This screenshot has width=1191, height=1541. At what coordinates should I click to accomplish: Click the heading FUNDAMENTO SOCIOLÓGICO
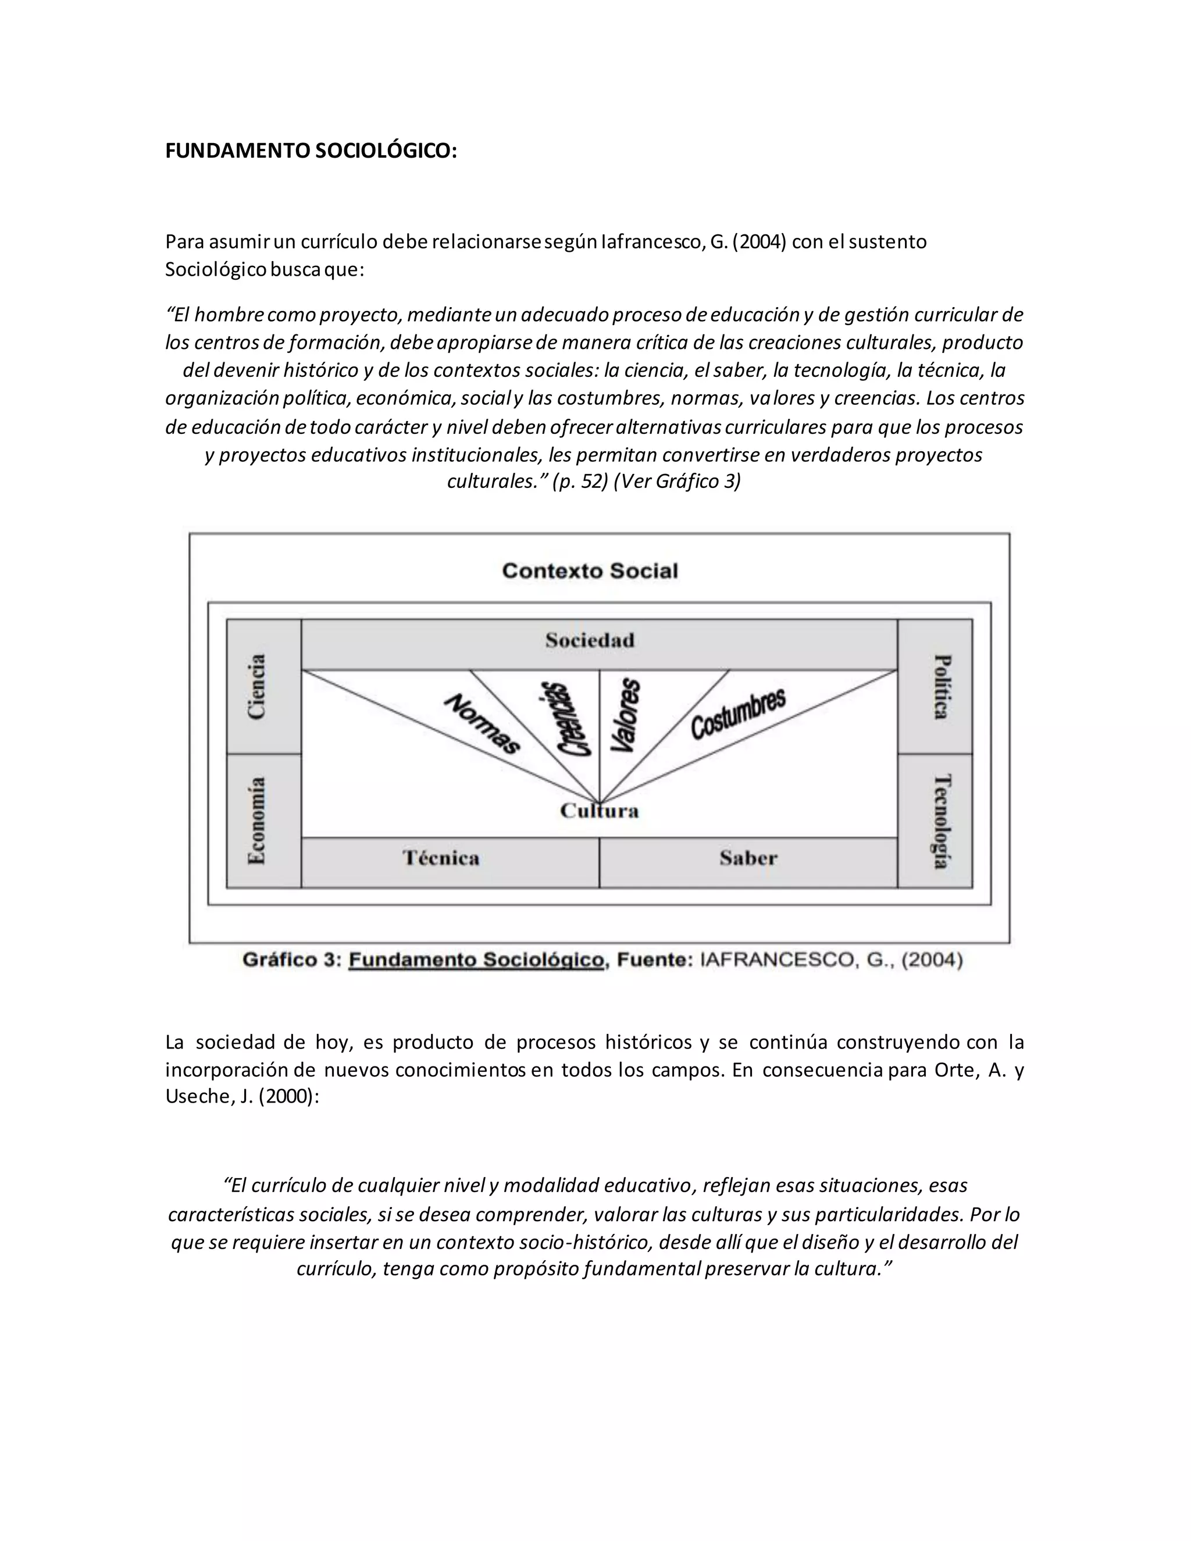pos(311,151)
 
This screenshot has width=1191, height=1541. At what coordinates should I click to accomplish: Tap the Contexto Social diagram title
pos(590,571)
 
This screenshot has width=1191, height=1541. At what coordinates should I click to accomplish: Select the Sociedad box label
pos(590,641)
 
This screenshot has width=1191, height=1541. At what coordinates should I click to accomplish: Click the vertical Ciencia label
pos(258,687)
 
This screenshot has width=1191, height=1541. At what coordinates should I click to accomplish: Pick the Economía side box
pos(258,821)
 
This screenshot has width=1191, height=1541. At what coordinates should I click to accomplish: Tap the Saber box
pos(748,859)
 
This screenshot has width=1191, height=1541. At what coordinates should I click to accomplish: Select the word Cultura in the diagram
pos(600,811)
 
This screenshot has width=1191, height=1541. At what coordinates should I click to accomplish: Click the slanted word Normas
pos(483,724)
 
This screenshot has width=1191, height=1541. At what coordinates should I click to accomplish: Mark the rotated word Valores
pos(625,715)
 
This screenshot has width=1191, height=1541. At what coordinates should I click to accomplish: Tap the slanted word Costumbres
pos(738,714)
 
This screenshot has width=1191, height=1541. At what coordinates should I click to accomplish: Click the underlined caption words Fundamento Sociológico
pos(476,960)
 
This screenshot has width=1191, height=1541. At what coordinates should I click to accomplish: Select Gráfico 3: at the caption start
pos(292,960)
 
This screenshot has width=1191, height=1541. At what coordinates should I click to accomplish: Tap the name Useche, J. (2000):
pos(242,1097)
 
